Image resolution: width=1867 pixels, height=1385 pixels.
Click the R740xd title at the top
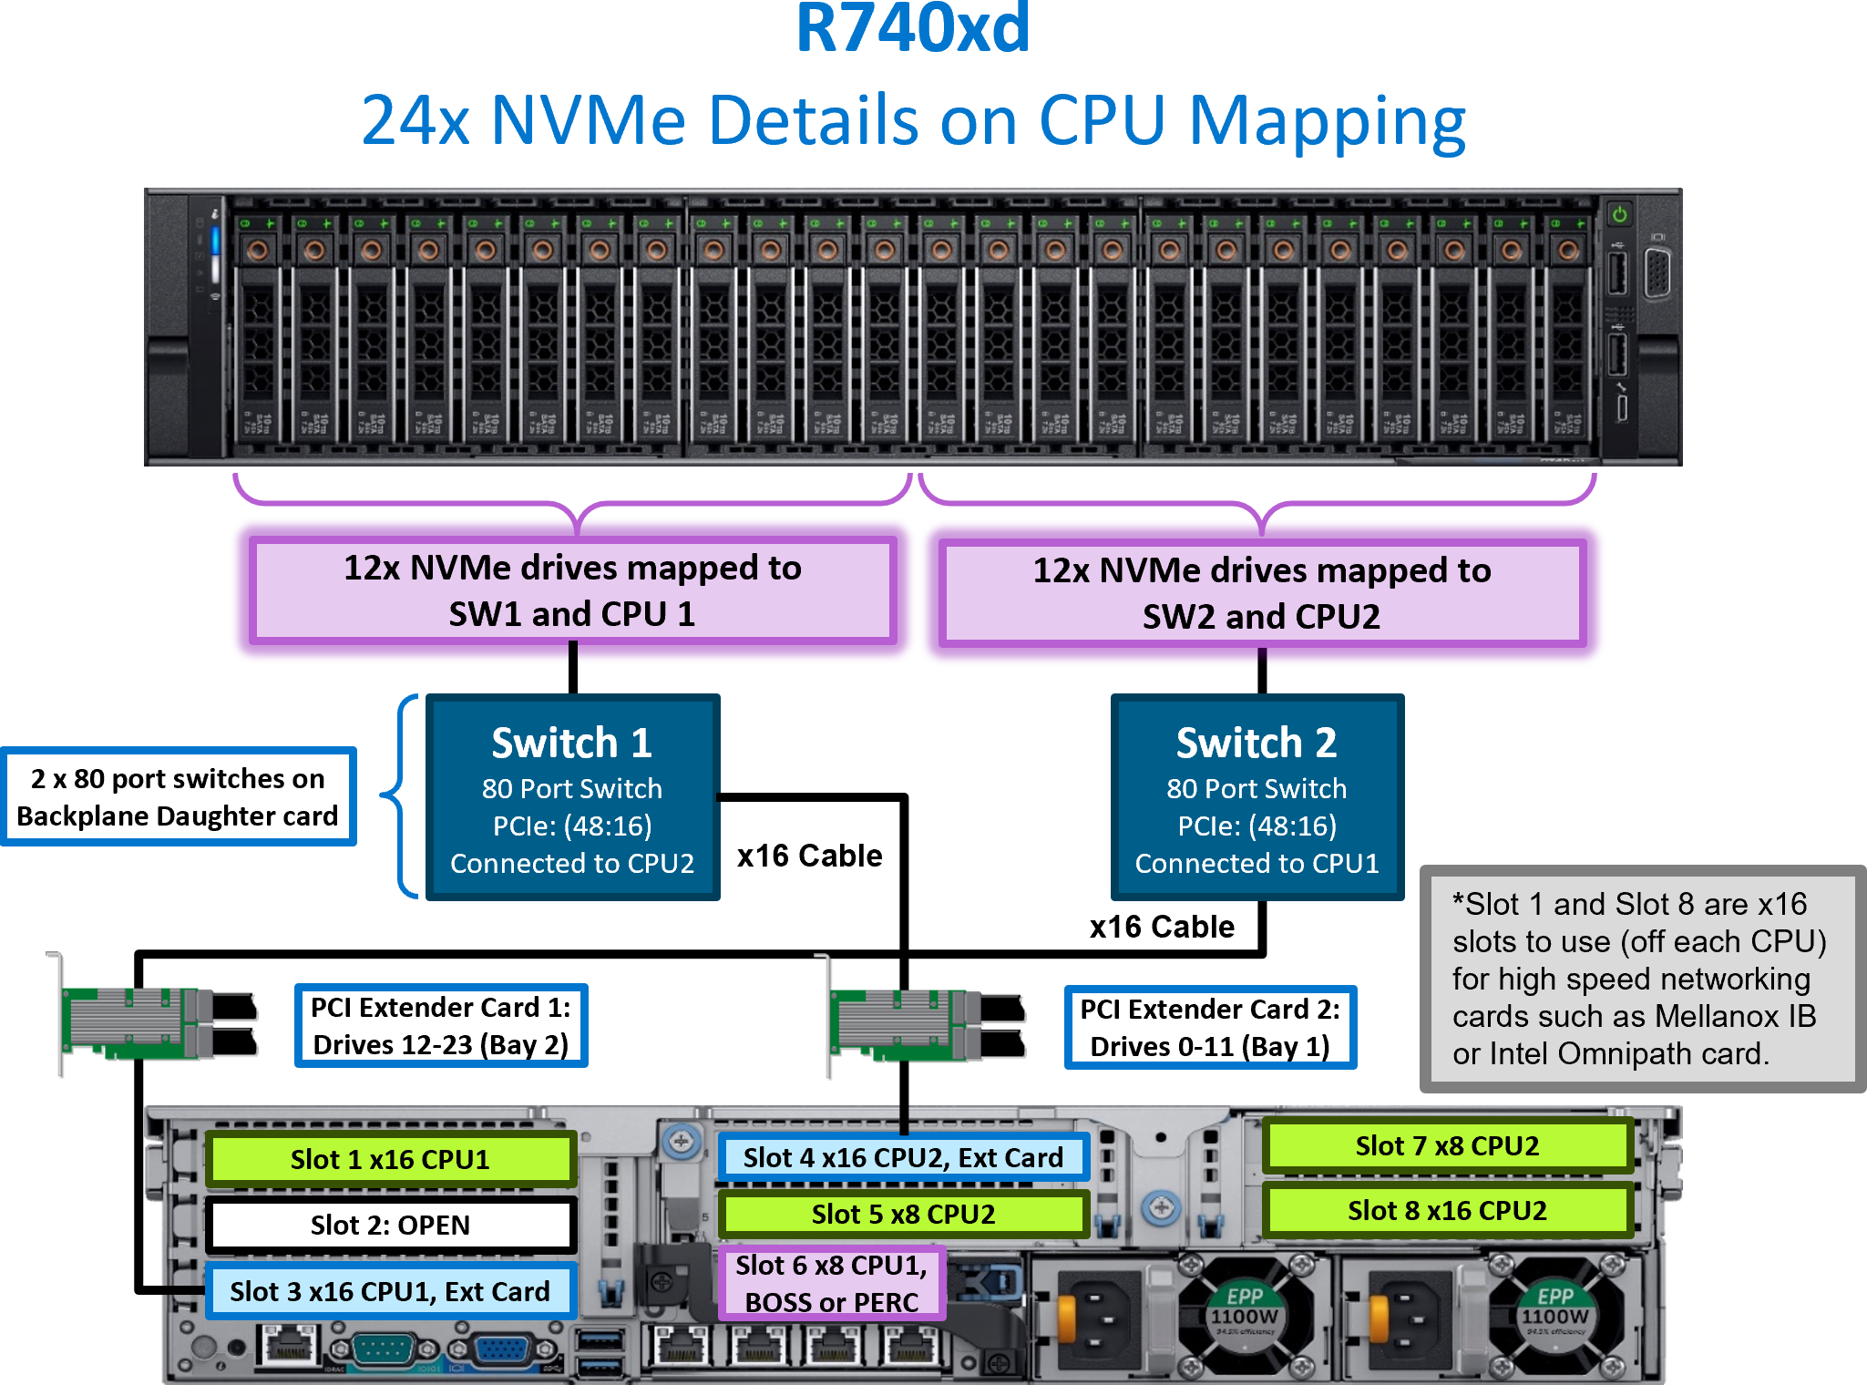point(913,29)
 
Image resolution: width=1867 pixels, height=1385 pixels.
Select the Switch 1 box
point(572,798)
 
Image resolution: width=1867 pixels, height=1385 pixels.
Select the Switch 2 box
point(1257,798)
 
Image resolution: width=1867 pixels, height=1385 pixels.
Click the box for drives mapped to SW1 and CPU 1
point(572,590)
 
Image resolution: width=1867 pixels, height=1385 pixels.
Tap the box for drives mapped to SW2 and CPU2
point(1261,593)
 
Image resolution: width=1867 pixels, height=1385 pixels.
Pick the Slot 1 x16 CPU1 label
point(390,1159)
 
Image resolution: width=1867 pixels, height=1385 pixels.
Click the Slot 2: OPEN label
point(390,1225)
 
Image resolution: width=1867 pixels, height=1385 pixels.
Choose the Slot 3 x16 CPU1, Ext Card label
point(390,1291)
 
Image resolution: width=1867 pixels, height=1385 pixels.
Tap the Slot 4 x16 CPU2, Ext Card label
point(902,1157)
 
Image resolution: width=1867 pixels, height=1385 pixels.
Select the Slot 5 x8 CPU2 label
point(902,1214)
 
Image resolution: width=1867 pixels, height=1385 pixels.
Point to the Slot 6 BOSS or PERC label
point(831,1284)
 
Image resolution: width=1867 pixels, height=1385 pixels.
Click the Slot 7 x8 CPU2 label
point(1447,1145)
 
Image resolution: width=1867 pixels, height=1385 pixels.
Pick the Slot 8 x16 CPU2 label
point(1447,1210)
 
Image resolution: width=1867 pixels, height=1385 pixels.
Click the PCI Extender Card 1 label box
point(441,1025)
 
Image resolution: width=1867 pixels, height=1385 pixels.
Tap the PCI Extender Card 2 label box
point(1210,1027)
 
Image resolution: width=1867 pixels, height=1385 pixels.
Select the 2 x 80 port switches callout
point(178,797)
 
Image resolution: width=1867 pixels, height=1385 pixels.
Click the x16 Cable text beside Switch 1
point(809,856)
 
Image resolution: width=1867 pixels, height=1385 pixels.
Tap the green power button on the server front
point(1619,215)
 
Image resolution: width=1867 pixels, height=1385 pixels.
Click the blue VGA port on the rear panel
point(502,1349)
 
